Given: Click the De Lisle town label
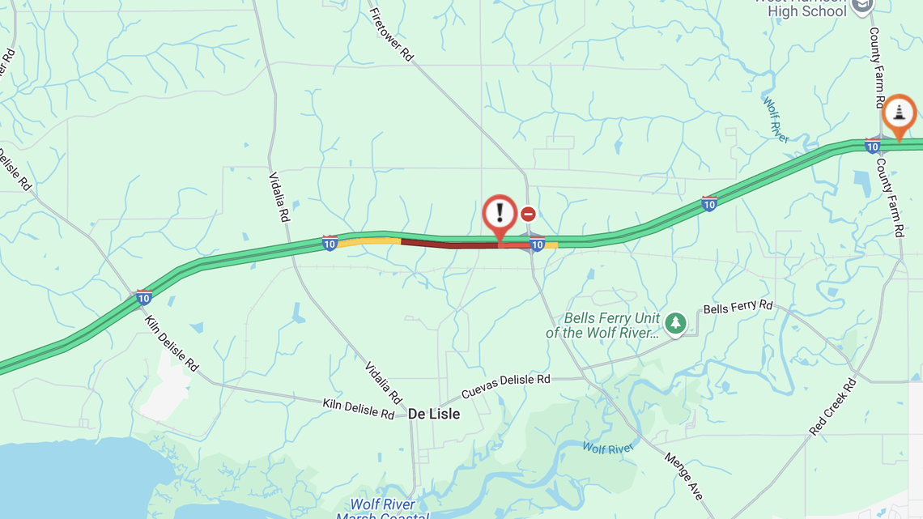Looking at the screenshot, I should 434,414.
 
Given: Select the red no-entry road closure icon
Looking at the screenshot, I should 528,214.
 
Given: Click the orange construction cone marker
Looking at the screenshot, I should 898,114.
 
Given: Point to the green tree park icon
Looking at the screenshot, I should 675,323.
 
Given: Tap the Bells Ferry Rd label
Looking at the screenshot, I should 738,307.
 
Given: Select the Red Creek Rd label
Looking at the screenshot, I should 832,405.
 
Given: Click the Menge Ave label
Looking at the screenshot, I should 684,476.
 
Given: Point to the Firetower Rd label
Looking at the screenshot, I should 392,35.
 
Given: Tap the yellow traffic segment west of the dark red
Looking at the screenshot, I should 369,241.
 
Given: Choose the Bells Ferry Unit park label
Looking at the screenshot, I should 602,325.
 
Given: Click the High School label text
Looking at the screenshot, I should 806,11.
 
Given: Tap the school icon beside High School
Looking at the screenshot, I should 864,6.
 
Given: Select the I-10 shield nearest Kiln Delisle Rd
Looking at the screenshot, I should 144,297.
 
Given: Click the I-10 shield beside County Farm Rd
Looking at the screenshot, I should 872,146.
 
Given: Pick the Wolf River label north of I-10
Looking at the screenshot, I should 776,119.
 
